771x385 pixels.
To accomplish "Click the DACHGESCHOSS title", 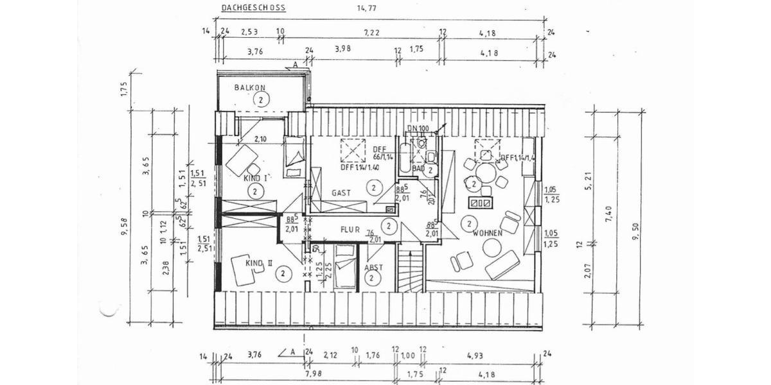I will pyautogui.click(x=253, y=8).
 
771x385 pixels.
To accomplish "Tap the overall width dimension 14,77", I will pyautogui.click(x=375, y=8).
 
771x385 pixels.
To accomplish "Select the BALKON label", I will pyautogui.click(x=249, y=87).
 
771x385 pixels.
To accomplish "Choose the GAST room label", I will pyautogui.click(x=341, y=193).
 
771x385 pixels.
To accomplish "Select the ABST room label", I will pyautogui.click(x=373, y=267).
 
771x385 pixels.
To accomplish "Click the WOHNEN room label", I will pyautogui.click(x=487, y=234).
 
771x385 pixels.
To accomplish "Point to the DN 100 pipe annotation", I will pyautogui.click(x=418, y=129).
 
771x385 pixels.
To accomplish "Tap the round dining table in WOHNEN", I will pyautogui.click(x=486, y=173).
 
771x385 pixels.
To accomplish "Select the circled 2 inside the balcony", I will pyautogui.click(x=261, y=99).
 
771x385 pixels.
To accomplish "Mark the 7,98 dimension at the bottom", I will pyautogui.click(x=314, y=374).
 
